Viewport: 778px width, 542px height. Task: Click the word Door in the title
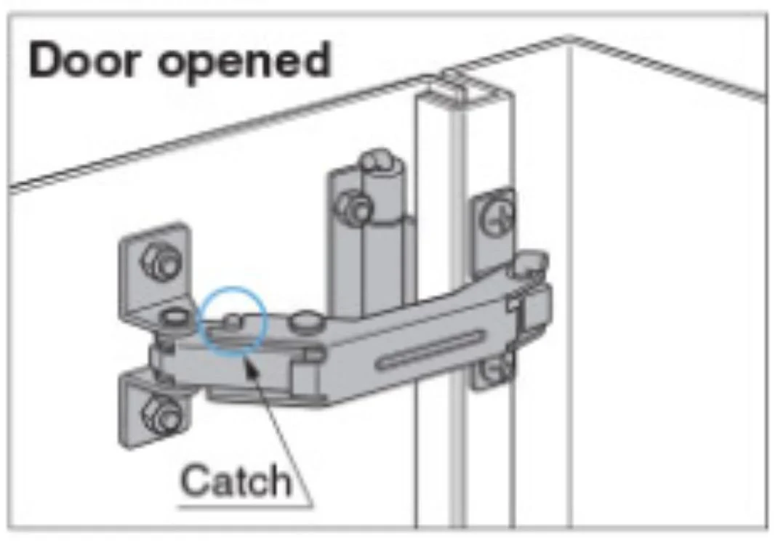pos(83,60)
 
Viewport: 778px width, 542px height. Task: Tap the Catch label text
pos(236,480)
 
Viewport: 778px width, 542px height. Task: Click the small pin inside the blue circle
pos(232,321)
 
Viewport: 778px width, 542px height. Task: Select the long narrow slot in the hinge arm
pos(430,350)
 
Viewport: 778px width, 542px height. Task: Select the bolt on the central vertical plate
pos(353,209)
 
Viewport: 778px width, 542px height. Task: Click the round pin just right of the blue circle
pos(305,320)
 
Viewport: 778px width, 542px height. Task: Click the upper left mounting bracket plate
pos(155,272)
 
